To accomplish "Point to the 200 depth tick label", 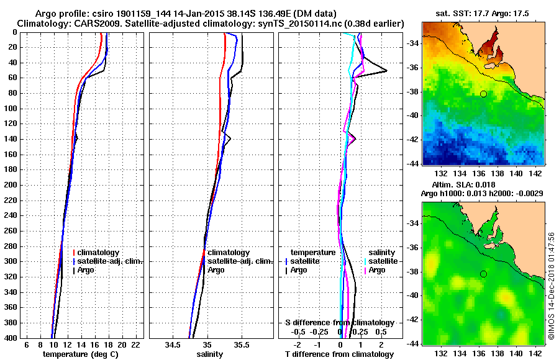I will pos(11,185).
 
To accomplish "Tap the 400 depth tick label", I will pos(11,338).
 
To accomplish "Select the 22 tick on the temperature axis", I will pos(135,344).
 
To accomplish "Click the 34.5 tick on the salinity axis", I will pos(174,344).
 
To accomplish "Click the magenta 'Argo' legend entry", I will pos(377,270).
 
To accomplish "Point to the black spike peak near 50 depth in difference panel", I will pos(387,71).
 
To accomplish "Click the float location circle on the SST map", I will pos(483,94).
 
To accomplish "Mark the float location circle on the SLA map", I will pos(483,274).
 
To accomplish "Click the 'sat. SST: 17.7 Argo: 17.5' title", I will pos(484,13).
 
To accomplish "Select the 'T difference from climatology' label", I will pos(339,354).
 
